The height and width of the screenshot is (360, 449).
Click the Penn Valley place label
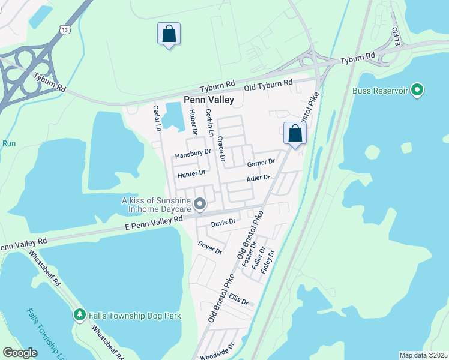coord(209,100)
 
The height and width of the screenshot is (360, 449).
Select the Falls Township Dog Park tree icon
coord(79,315)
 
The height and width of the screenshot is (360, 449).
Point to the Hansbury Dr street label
coord(193,154)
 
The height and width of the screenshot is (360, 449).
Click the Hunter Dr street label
coord(191,173)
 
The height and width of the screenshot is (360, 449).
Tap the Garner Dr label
coord(261,163)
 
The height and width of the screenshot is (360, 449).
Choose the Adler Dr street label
coord(259,178)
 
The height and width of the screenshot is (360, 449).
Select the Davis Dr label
coord(223,222)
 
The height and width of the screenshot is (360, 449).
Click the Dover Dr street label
coord(210,247)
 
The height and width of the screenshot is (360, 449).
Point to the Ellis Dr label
coord(238,298)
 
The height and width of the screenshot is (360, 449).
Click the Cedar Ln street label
coord(157,118)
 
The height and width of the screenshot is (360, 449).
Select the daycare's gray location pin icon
coord(201,205)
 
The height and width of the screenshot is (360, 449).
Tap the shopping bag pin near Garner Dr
coord(294,134)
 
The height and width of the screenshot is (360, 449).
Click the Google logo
coord(20,353)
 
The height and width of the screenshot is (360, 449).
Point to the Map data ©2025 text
coord(423,355)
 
